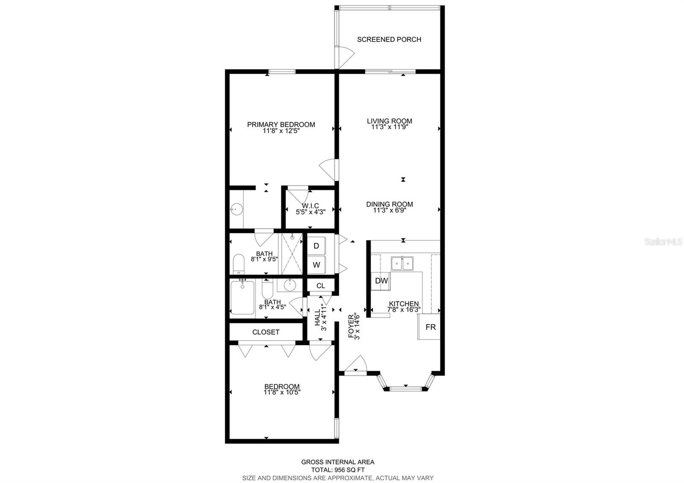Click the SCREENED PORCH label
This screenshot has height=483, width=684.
pos(389,39)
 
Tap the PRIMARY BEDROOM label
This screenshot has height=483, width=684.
pos(281,124)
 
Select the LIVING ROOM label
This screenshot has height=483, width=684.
pos(389,121)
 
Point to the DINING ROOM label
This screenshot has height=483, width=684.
pos(389,204)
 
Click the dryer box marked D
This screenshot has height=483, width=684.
pos(316,246)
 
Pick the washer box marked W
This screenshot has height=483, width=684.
pos(316,265)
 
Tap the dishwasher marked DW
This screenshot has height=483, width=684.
pos(381,281)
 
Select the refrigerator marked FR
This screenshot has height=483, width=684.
pos(430,327)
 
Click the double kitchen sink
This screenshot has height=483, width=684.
pos(402,263)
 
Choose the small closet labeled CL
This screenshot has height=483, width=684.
pos(321,286)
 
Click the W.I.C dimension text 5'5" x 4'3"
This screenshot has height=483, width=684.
pos(311,212)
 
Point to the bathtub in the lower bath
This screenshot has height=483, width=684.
pos(242,297)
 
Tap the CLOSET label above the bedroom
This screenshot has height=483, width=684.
pos(266,332)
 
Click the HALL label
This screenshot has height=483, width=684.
pos(317,318)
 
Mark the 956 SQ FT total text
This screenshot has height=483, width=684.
pos(338,470)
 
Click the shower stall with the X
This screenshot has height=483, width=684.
pos(292,255)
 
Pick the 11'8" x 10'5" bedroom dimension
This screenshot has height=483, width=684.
pos(282,392)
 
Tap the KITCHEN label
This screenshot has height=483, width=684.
pos(404,303)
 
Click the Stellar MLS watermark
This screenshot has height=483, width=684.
pos(663,242)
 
